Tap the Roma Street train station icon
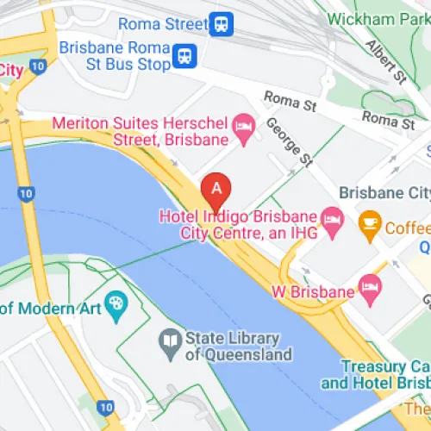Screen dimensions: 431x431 point(223,23)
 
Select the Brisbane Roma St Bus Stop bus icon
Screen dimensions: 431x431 point(183,57)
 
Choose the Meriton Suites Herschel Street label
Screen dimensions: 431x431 point(141,130)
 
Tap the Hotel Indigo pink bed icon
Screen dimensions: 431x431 point(331,215)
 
